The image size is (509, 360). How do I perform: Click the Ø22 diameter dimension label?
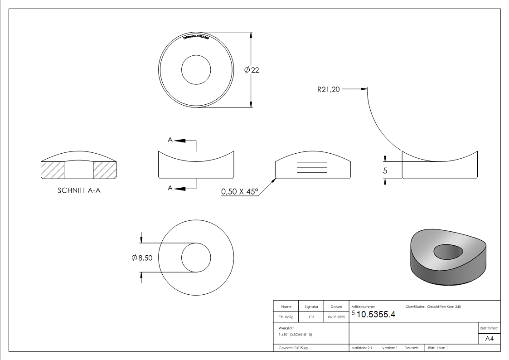click(252, 70)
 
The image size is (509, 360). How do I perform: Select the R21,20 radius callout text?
click(328, 89)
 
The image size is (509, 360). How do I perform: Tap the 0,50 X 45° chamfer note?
click(239, 192)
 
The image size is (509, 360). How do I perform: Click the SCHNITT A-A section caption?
click(79, 191)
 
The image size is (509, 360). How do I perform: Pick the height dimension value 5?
click(385, 170)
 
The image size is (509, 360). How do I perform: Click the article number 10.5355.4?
click(376, 315)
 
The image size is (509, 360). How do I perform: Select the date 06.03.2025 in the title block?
click(336, 317)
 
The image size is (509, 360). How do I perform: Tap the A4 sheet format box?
click(490, 339)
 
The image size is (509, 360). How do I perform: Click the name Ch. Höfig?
click(286, 317)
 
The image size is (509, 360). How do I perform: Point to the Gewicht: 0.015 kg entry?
click(293, 348)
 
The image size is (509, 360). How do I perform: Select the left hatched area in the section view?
click(53, 170)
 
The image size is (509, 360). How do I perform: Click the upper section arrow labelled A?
click(179, 141)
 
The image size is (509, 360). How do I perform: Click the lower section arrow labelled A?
click(179, 188)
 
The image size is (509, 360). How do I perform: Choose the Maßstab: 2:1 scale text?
click(362, 348)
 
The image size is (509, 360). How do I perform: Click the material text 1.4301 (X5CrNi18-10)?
click(296, 335)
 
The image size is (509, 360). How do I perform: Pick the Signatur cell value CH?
click(311, 317)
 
